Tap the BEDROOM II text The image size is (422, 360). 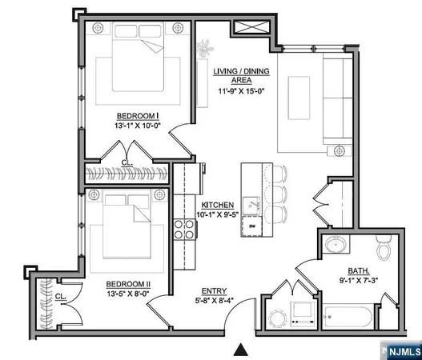(x=127, y=283)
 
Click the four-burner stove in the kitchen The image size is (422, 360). (x=185, y=230)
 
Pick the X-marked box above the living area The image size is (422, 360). (x=253, y=30)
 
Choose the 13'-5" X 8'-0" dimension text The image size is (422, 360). (x=127, y=294)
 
